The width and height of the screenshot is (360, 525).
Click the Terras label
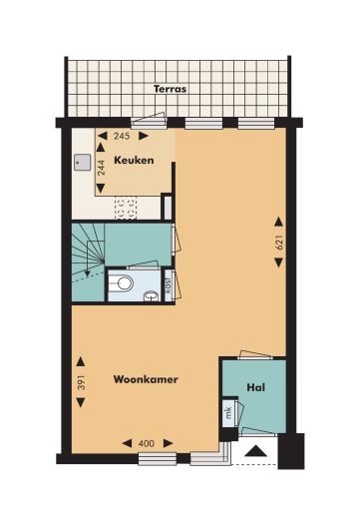(171, 89)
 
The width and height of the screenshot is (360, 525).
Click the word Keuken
(134, 160)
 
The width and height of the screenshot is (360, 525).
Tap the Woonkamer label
(139, 379)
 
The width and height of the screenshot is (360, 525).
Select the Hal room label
(254, 386)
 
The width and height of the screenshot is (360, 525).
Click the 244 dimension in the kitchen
(100, 167)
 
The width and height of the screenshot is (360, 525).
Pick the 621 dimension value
(280, 242)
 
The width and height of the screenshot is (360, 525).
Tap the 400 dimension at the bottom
(146, 441)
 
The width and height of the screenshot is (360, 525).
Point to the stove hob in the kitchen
(127, 208)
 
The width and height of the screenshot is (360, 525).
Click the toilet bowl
(124, 283)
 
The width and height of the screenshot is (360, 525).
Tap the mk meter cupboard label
(227, 412)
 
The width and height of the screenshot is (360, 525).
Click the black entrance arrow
(257, 451)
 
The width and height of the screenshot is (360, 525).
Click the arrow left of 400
(125, 441)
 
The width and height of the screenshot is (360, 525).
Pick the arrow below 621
(280, 263)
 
